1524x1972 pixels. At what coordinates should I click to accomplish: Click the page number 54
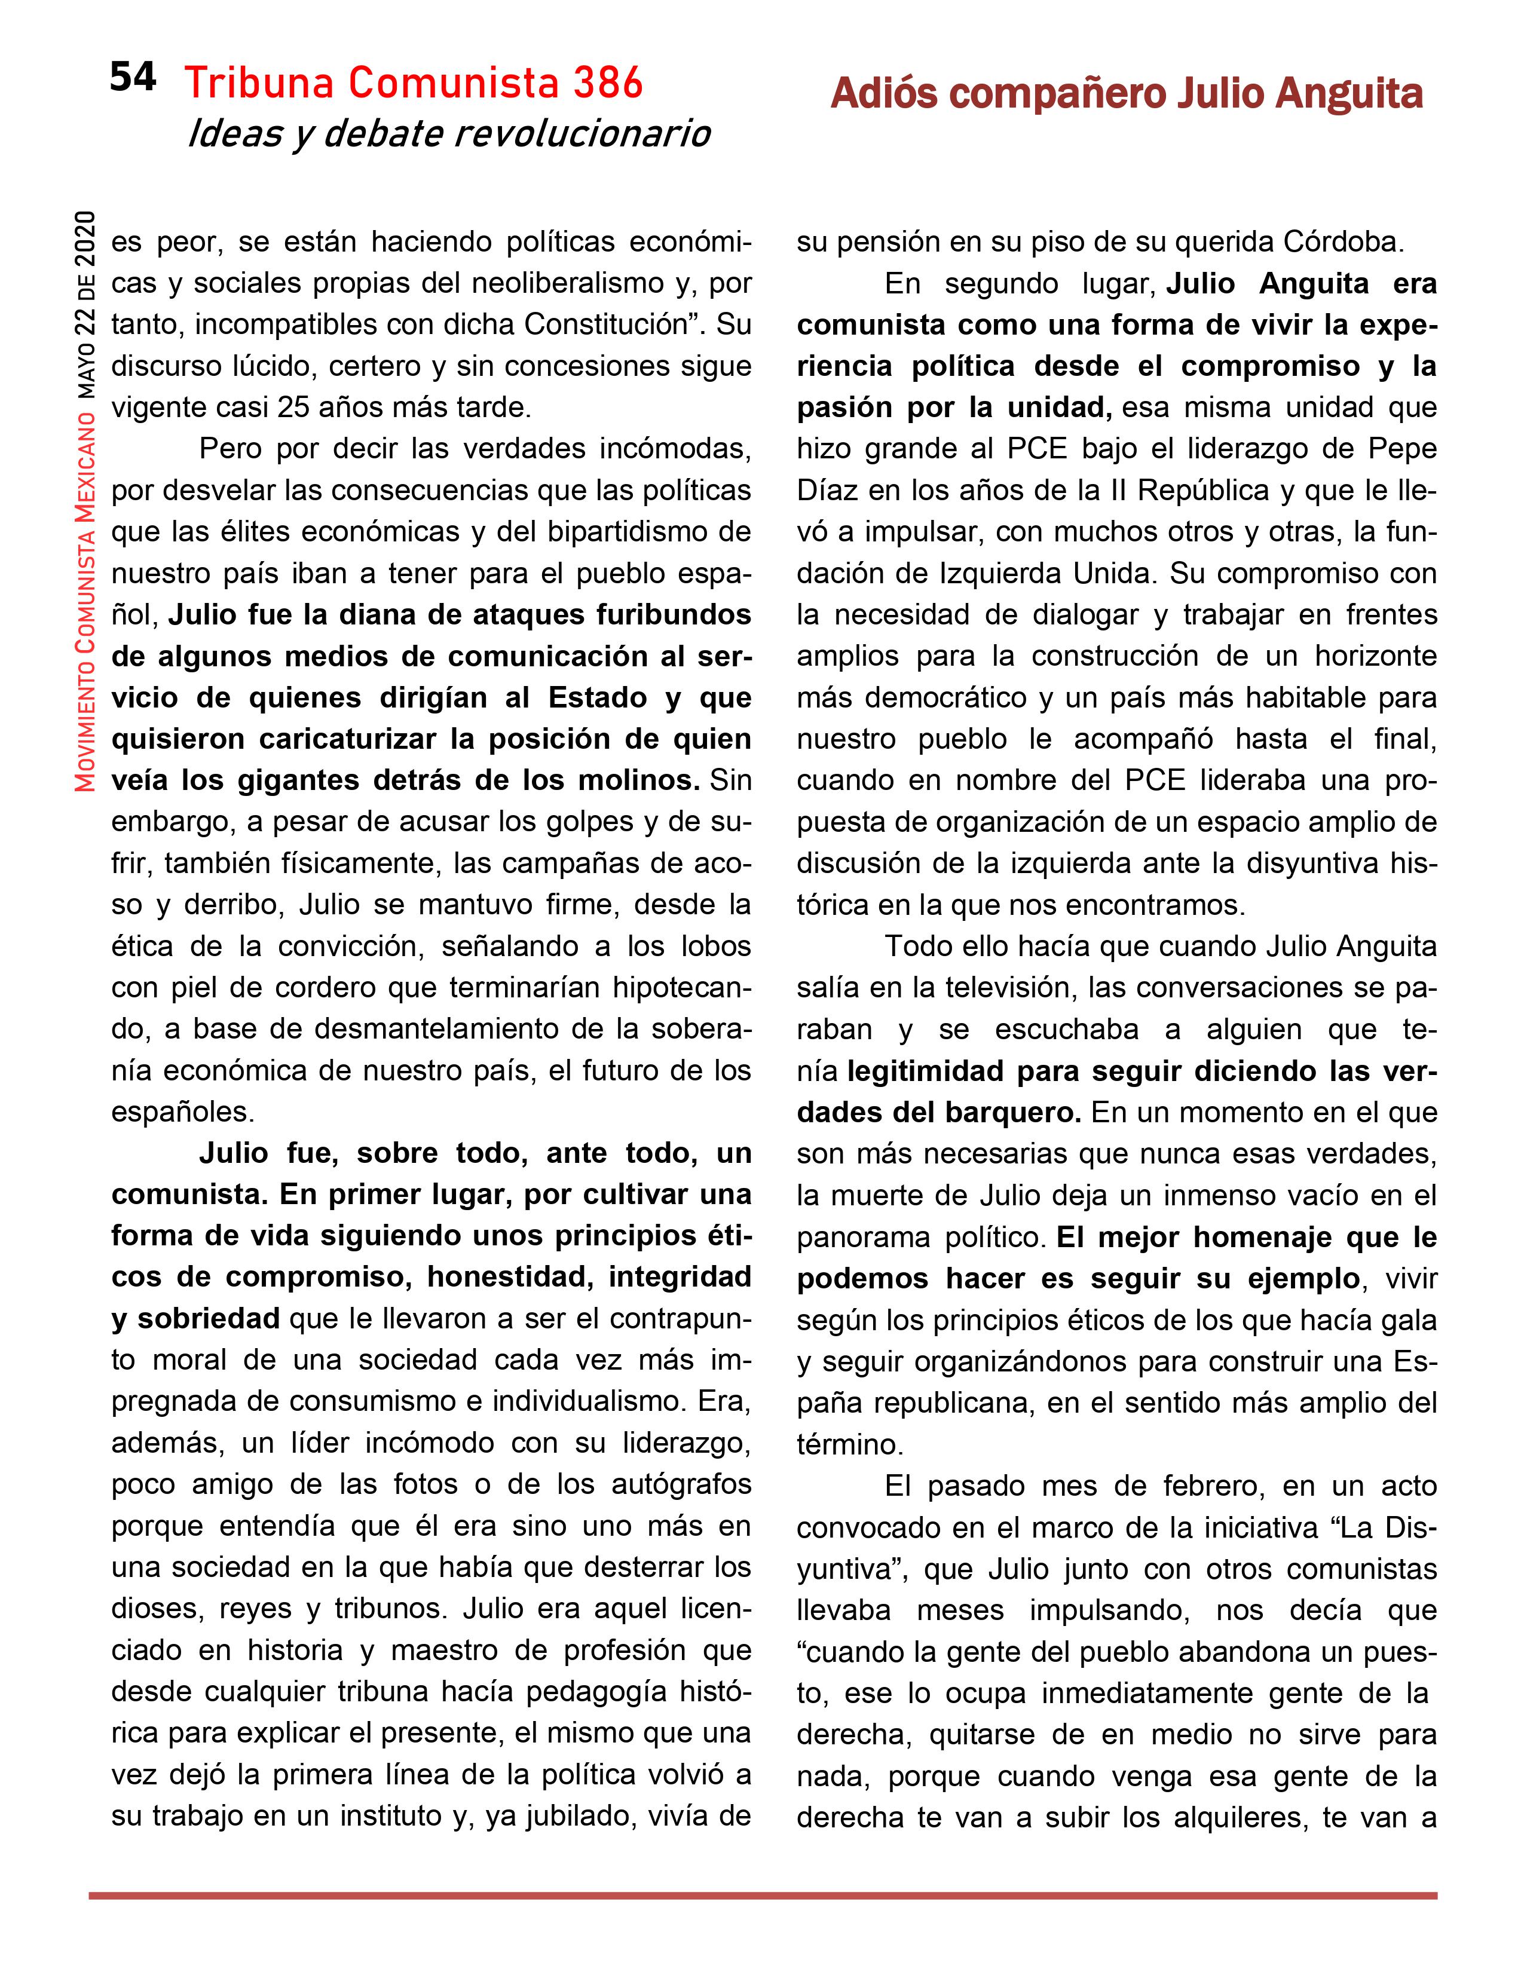coord(133,78)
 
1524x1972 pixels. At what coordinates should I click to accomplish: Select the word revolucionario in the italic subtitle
coord(582,134)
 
